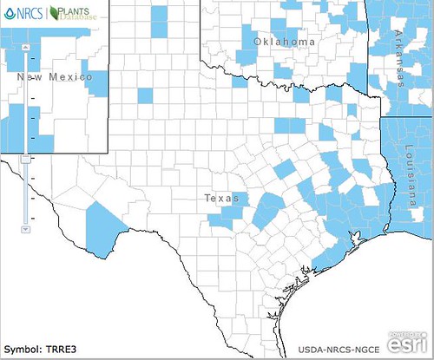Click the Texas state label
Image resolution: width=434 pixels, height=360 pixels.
220,198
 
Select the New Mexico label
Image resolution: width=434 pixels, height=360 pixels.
55,77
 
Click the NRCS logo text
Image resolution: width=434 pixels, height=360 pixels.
28,13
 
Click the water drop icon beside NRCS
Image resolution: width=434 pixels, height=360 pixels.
8,13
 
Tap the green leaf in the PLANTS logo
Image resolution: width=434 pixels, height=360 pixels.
57,13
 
